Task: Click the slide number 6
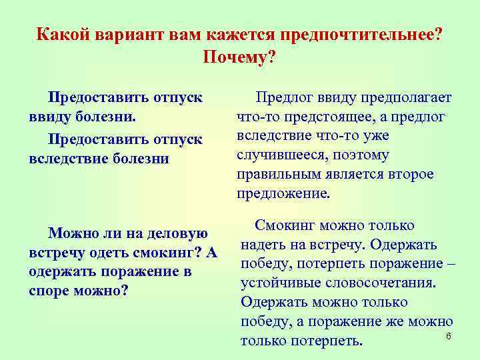coord(449,335)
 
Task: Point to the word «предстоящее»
coord(329,117)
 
